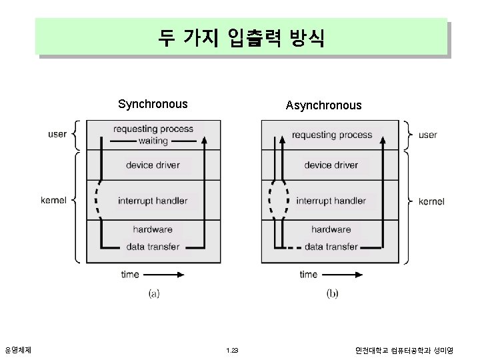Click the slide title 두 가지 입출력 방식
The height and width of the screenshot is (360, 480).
point(241,37)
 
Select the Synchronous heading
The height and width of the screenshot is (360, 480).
point(153,104)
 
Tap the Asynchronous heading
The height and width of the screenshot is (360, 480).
point(323,105)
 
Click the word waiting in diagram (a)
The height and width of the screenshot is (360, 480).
point(153,141)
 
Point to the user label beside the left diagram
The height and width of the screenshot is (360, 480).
point(57,134)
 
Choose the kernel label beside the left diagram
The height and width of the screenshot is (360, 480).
point(53,200)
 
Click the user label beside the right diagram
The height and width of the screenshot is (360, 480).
point(427,135)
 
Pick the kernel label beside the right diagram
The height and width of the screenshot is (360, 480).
point(432,201)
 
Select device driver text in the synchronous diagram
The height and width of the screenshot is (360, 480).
point(153,165)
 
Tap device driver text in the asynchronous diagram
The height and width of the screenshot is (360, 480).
point(331,165)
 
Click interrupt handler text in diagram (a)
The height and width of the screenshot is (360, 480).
point(153,201)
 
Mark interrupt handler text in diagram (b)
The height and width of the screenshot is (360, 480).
point(331,201)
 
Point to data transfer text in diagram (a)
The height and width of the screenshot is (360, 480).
point(153,247)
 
